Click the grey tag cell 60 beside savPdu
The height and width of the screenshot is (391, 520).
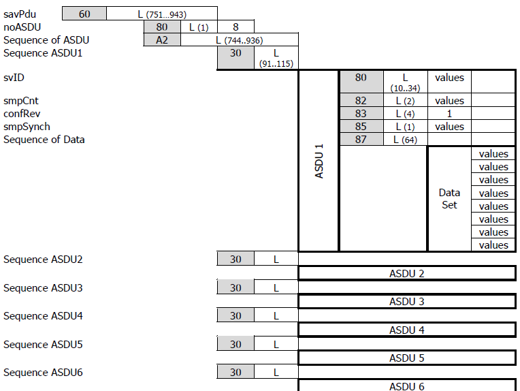(84, 14)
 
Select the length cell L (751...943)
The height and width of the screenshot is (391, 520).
(162, 14)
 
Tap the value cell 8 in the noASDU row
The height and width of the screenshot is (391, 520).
(235, 27)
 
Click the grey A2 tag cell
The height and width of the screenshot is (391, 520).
(162, 40)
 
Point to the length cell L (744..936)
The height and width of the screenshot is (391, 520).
(239, 40)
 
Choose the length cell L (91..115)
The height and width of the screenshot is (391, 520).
(276, 57)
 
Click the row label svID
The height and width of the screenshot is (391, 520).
(14, 78)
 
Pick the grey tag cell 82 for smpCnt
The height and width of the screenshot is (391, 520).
(361, 101)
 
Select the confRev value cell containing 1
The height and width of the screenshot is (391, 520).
(449, 114)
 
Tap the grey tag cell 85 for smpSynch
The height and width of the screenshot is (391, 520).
(361, 127)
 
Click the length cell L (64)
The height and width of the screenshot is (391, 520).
(405, 140)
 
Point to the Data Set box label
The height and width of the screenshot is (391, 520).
(449, 198)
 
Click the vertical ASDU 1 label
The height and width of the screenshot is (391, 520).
(319, 161)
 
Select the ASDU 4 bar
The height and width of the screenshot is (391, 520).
(406, 330)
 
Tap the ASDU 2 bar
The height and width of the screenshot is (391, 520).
(406, 273)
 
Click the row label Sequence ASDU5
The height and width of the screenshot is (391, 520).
(43, 344)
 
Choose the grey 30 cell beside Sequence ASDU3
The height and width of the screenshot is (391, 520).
(235, 287)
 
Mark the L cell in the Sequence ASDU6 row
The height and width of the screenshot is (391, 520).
(276, 373)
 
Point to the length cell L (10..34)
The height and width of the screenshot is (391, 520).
(405, 82)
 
